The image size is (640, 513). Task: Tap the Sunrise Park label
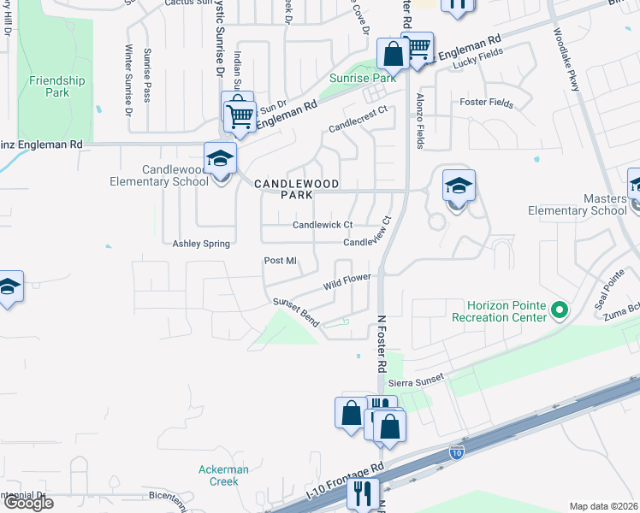pos(363,78)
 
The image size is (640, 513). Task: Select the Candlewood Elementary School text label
pos(159,176)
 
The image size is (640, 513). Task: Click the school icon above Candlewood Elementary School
pos(220,159)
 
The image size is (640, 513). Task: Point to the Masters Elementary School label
pos(578,204)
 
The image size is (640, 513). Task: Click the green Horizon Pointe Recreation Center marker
pos(560,309)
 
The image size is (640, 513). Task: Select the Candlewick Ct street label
pos(323,225)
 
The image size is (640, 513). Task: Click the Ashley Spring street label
pos(202,244)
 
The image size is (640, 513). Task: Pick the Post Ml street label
pos(280,261)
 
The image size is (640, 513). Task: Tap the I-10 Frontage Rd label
pos(346,484)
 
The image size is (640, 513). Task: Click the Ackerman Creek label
pos(223,475)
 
